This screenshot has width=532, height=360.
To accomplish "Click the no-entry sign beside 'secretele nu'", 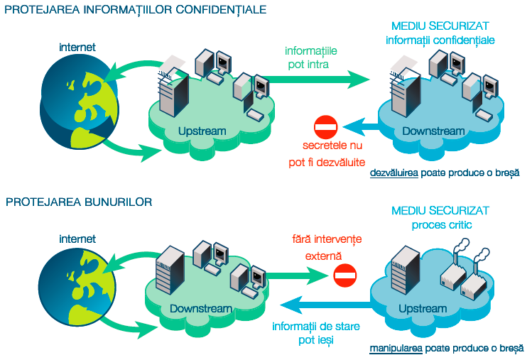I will coord(326,128).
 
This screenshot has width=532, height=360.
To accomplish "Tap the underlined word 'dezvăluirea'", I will coord(394,173).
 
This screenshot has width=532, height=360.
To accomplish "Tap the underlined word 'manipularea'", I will coord(394,349).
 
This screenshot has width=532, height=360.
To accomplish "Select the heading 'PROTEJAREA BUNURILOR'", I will coord(79,202).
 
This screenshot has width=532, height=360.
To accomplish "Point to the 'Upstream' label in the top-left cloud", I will coord(202,131).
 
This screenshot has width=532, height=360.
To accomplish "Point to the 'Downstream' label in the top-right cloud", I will coord(433,131).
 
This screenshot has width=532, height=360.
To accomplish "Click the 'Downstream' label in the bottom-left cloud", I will coord(201,309).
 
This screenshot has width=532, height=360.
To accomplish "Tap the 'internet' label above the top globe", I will coord(77,48).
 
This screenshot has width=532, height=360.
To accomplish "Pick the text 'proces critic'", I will coord(442,225).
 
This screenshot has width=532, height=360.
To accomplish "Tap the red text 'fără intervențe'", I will coord(327,240).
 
